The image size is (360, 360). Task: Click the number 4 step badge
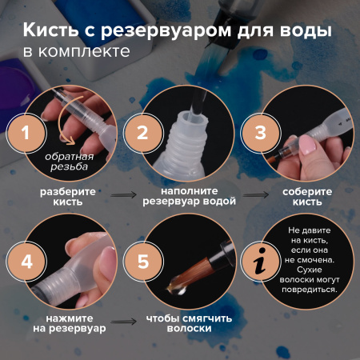tap(26, 261)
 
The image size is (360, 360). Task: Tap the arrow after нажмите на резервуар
tap(122, 324)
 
